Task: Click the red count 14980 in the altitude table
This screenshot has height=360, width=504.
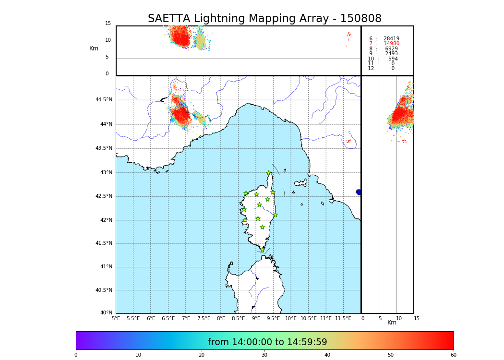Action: (x=391, y=44)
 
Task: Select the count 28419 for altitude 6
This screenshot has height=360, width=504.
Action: (x=391, y=39)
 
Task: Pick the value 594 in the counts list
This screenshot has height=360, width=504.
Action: (x=393, y=59)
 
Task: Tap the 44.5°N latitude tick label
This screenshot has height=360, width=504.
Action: (x=104, y=100)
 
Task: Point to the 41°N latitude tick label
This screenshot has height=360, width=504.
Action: (x=105, y=267)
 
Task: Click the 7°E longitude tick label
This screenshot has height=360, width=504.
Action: (x=186, y=318)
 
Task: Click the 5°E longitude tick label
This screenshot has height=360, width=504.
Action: (x=116, y=318)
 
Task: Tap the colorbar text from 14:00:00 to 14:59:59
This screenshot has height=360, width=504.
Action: (x=267, y=342)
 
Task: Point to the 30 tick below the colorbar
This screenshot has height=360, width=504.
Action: (x=264, y=355)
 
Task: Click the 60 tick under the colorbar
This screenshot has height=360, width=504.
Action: (x=453, y=355)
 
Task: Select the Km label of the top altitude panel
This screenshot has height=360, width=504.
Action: (x=94, y=48)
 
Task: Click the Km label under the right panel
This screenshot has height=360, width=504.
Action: (x=392, y=323)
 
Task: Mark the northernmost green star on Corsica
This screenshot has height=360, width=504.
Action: (x=269, y=173)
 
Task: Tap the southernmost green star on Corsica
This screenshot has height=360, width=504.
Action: (x=262, y=250)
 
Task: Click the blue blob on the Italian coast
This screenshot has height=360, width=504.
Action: (x=359, y=192)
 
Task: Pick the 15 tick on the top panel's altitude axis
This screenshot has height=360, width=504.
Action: (x=108, y=24)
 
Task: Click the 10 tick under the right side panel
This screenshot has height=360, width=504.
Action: (x=398, y=318)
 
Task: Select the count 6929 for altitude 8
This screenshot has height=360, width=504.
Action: (x=391, y=49)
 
